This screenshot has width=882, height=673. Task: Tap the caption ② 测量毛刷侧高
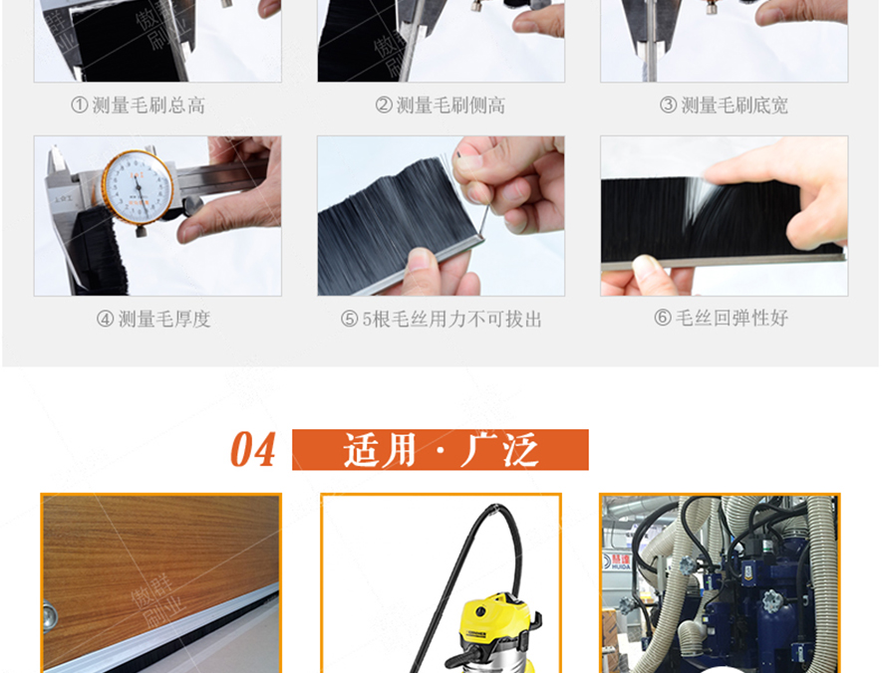pos(440,106)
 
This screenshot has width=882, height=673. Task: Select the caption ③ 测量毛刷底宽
pos(724,106)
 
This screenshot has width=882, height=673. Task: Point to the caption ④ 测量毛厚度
pos(153,320)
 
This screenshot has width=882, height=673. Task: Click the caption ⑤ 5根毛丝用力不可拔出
pos(441,320)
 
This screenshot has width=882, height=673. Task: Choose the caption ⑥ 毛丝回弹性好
pos(721,319)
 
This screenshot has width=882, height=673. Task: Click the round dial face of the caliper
pos(136,186)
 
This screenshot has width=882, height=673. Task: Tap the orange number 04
pos(252,451)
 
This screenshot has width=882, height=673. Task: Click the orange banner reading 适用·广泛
pos(441,450)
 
